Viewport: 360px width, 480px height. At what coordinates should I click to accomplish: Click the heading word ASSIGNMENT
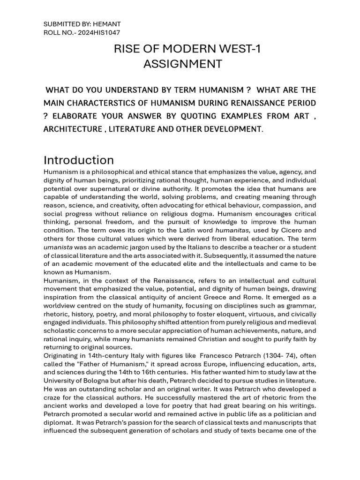[x=182, y=64]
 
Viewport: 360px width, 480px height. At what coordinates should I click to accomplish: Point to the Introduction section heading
[x=78, y=160]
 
